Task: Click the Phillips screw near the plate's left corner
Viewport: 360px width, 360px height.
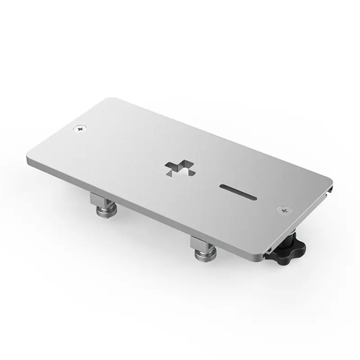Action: tap(81, 129)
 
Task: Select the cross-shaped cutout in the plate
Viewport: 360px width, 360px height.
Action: tap(178, 167)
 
